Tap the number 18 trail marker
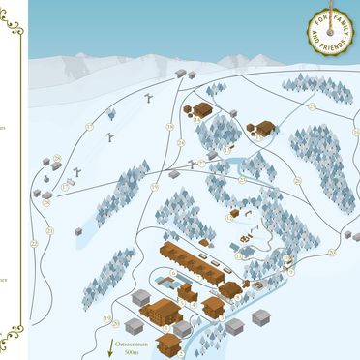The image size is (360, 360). click(x=169, y=127)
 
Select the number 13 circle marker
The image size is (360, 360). click(x=258, y=136)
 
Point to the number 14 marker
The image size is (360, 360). click(x=197, y=120)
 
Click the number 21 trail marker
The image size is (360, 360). click(x=49, y=230)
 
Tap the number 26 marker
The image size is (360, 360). click(x=57, y=159)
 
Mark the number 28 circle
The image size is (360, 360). click(x=46, y=202)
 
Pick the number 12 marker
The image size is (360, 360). click(x=228, y=218)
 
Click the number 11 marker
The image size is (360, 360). click(x=239, y=255)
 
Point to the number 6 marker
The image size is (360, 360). click(x=173, y=273)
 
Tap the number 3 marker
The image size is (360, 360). click(x=222, y=318)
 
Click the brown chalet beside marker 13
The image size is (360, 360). click(x=266, y=127)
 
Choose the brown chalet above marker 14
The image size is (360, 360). click(x=201, y=108)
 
